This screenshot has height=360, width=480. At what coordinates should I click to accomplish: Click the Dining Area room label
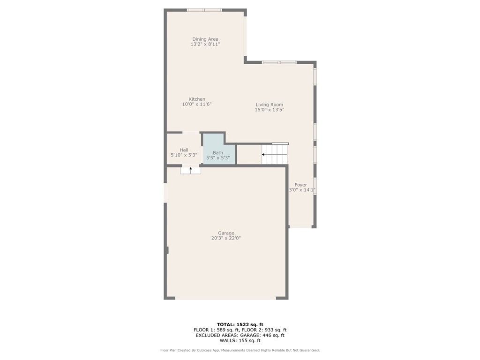point(205,39)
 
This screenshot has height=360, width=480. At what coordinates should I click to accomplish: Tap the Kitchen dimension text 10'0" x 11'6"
point(197,105)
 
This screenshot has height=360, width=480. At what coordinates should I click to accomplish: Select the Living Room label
point(269,105)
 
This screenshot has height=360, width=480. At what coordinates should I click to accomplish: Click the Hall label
point(184,150)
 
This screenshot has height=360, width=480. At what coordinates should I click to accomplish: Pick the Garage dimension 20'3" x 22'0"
point(225,238)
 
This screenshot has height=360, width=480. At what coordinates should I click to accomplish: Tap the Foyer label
point(300,185)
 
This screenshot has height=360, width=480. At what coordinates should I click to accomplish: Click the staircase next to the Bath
point(275,154)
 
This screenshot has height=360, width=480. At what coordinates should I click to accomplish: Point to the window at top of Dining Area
point(204,10)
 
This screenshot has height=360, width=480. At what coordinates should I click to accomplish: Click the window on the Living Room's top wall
point(279,62)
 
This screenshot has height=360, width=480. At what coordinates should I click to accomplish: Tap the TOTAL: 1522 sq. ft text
point(240,324)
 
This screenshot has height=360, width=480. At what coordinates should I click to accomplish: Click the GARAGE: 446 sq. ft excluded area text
point(263,335)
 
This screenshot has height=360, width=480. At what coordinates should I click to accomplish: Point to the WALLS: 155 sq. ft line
point(240,341)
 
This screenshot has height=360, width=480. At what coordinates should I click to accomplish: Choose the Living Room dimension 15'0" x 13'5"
point(269,110)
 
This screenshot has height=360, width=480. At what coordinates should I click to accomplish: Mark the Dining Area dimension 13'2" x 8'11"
point(205,44)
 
